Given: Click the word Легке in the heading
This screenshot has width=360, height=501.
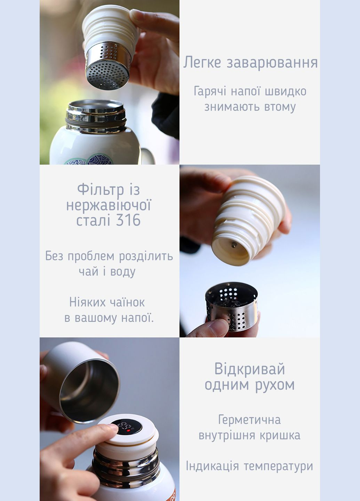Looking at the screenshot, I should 202,63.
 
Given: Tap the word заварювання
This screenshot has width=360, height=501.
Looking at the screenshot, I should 272,63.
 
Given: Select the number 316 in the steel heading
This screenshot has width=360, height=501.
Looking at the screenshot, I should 128,220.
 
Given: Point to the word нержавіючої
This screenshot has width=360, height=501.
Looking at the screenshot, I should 109,205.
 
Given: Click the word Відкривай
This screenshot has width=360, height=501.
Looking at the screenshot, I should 249,369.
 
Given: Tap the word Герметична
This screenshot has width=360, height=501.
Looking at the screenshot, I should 249,420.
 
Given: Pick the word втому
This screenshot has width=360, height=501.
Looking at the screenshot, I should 280,106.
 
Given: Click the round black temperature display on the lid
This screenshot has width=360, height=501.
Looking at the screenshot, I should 126,427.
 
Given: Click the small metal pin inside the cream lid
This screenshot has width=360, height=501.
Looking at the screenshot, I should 233,245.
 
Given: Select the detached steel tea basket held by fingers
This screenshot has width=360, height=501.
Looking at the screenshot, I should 231,304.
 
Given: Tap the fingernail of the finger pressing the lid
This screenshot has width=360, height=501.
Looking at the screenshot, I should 112,428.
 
